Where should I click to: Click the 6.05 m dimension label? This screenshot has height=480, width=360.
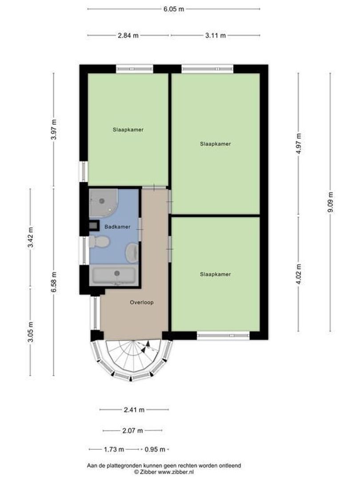pos(174,9)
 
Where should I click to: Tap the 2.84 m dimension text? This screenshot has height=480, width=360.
pos(128,35)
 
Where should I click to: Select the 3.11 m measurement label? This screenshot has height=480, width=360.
pos(216,35)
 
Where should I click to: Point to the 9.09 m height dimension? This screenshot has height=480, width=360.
pos(330,202)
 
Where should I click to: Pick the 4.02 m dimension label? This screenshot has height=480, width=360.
pos(299,274)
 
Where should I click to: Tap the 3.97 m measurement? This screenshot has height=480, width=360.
pos(54,129)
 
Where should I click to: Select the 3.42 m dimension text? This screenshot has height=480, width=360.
pos(30,238)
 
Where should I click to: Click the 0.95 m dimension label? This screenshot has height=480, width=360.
pos(155,449)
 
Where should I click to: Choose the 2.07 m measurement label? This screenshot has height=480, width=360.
pos(132,431)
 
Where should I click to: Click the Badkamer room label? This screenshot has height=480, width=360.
pos(117,227)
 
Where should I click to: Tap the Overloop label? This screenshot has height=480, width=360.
pos(142,303)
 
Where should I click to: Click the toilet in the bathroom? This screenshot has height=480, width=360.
pos(99,242)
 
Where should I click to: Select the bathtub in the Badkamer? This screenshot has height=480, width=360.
pos(114,276)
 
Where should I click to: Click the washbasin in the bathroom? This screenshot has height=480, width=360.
pos(132,253)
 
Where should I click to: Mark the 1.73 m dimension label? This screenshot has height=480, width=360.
pos(114,449)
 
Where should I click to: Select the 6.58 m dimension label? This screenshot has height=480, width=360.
pos(54,282)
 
